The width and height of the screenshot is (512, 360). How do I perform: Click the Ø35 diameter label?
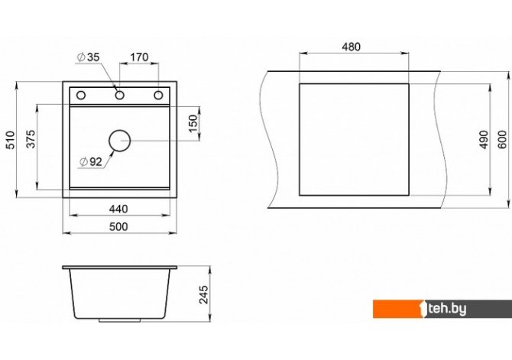[x=88, y=57]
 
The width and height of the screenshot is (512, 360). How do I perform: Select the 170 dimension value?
[x=139, y=57]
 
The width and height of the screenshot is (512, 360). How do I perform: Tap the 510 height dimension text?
[x=11, y=140]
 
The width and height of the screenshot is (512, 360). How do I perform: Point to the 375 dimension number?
[x=31, y=139]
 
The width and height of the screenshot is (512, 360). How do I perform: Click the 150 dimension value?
[x=193, y=123]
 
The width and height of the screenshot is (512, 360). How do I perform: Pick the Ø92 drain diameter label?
[x=91, y=161]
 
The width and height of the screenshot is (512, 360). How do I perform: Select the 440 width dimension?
[x=118, y=209]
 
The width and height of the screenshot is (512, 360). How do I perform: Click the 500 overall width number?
[x=118, y=226]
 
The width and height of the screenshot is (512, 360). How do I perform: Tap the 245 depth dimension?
[x=203, y=295]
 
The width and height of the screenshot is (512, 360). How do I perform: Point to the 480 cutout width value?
[x=352, y=47]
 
